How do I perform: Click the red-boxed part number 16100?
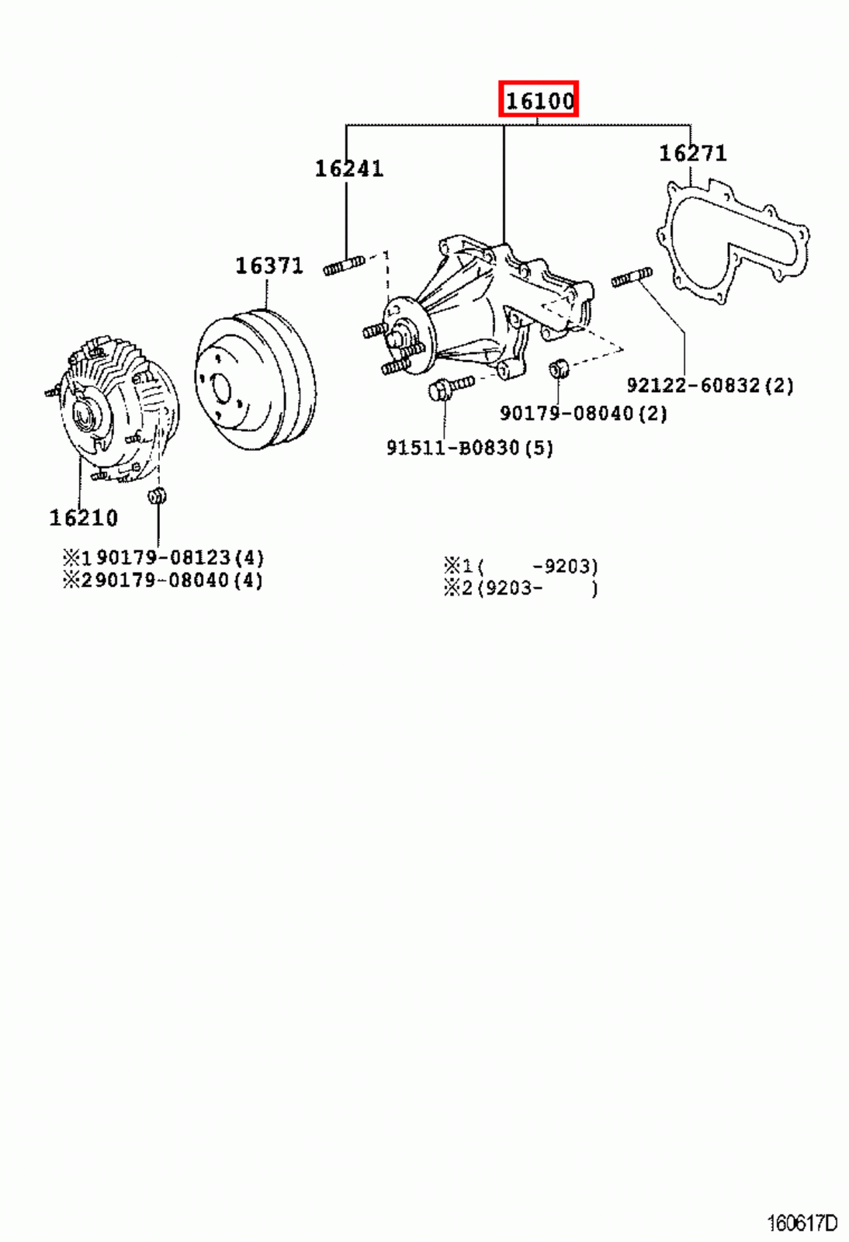(539, 99)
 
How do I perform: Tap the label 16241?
(348, 168)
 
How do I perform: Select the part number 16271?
(693, 153)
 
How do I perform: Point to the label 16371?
(269, 265)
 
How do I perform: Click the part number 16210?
(84, 518)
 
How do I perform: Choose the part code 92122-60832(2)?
(710, 385)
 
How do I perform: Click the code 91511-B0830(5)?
(470, 448)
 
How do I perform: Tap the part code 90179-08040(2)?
(583, 413)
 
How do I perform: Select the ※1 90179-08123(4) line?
(164, 557)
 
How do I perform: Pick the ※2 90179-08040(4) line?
(164, 580)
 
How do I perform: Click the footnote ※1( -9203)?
(521, 566)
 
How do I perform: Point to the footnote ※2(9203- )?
(521, 588)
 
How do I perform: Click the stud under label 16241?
(343, 265)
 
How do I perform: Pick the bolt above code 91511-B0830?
(449, 387)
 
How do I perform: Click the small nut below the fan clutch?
(158, 495)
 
